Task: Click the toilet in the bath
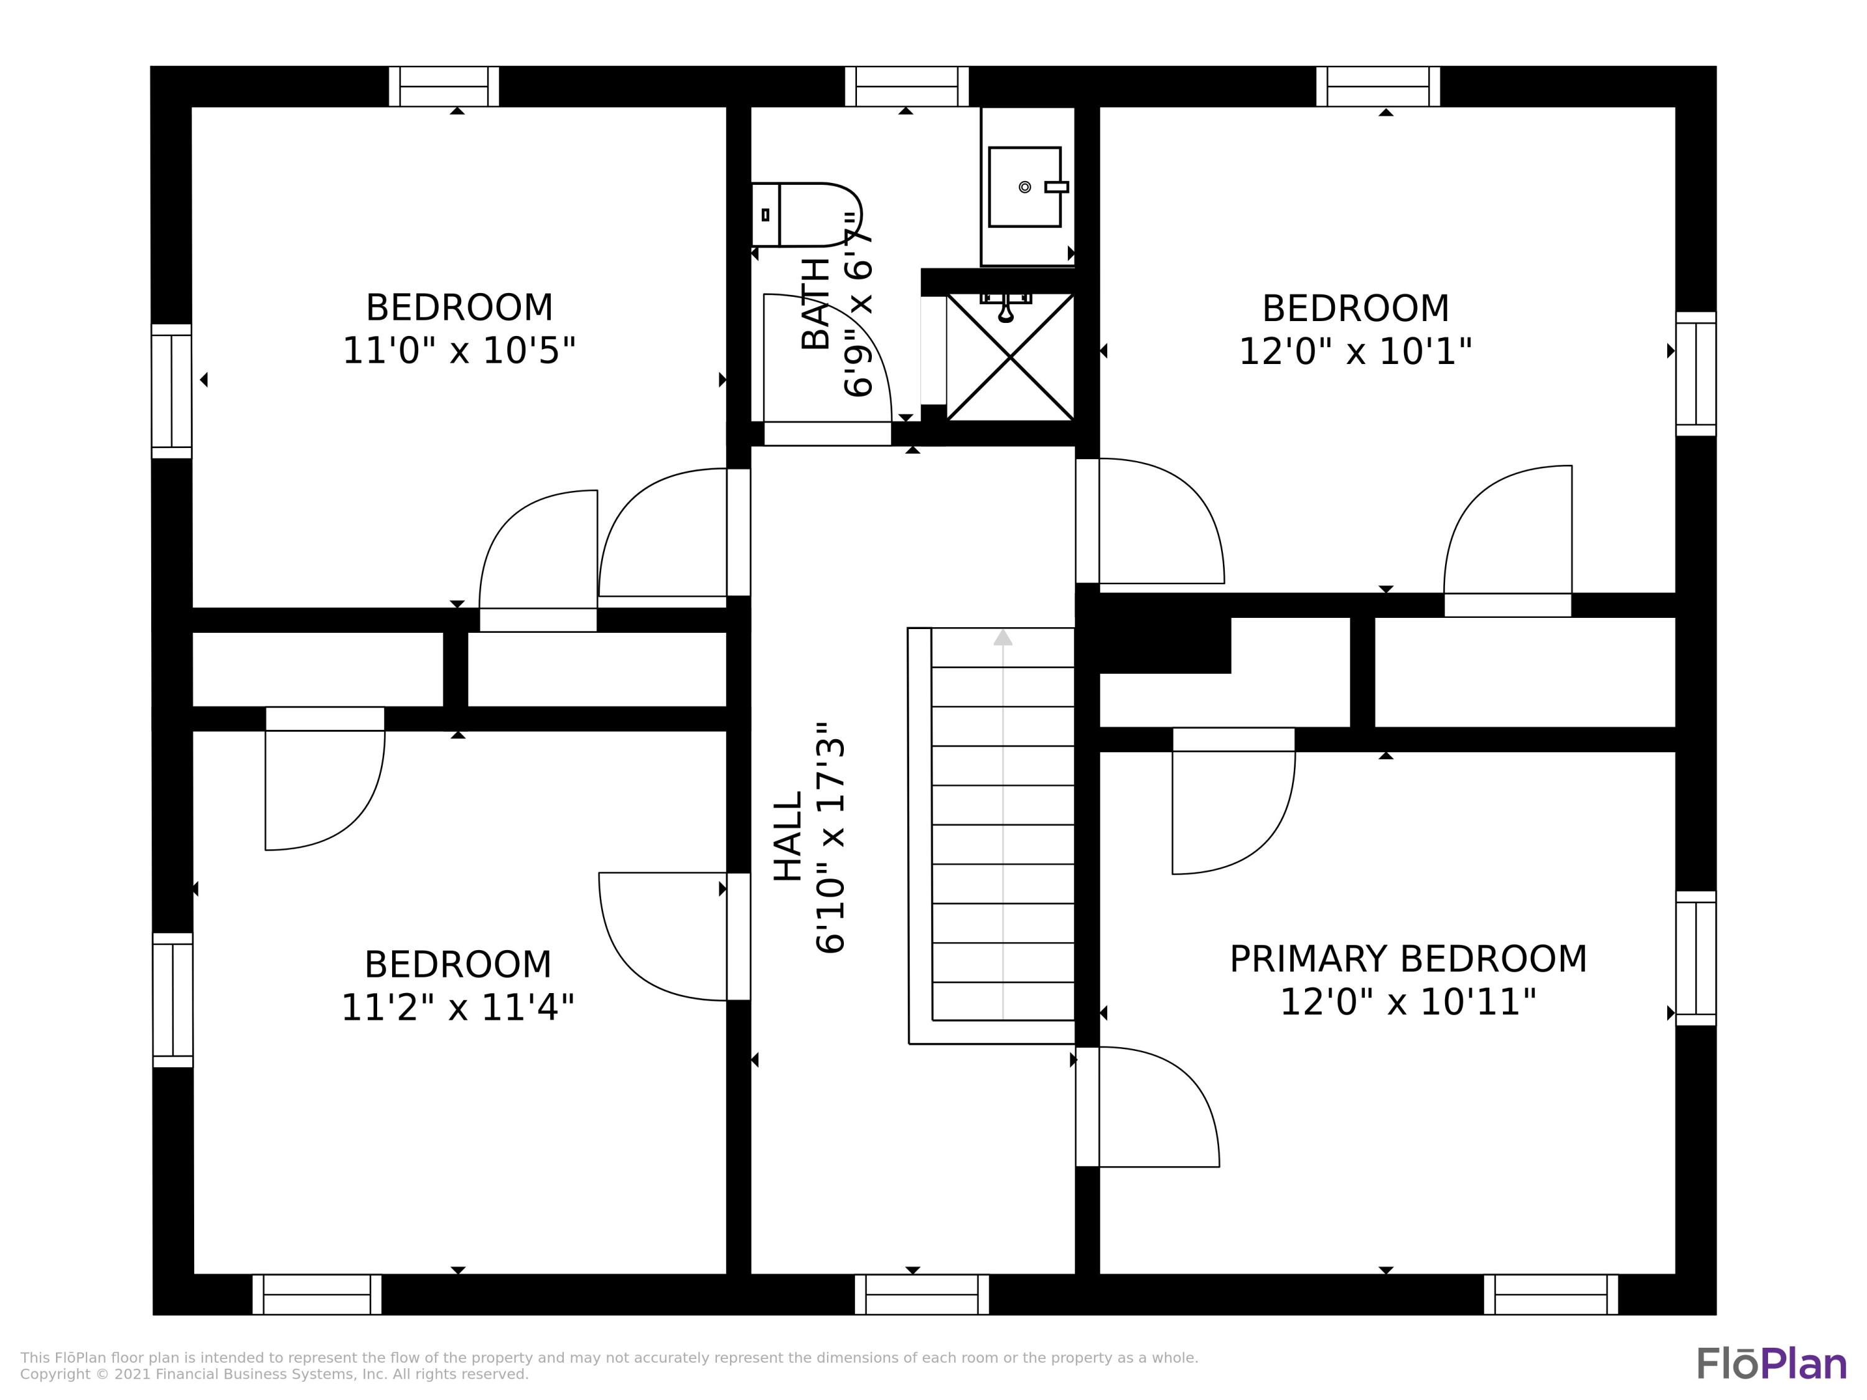coord(806,214)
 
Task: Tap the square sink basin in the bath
coord(1024,187)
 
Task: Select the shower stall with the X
coord(1010,357)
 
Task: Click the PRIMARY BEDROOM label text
coord(1408,959)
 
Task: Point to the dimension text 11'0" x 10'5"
coord(459,351)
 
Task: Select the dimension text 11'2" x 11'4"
coord(457,1007)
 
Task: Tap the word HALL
coord(788,836)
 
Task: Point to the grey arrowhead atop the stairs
coord(1003,637)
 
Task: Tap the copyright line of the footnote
coord(274,1374)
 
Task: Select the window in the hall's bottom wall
coord(922,1294)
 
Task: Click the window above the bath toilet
coord(907,86)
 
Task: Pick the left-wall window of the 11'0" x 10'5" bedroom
coord(171,391)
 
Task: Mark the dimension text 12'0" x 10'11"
coord(1408,1002)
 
